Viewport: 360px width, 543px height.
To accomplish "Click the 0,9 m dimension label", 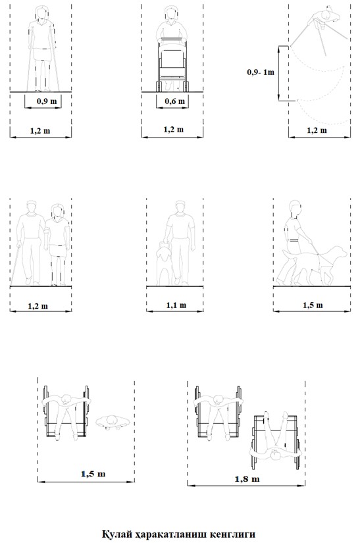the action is pos(47,101).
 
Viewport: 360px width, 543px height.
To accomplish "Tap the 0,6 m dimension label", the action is pos(175,101).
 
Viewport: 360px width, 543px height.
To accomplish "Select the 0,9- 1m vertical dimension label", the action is pos(261,72).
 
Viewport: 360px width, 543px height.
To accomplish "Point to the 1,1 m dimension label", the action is pos(176,305).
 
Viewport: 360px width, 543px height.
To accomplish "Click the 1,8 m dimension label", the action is pos(247,479).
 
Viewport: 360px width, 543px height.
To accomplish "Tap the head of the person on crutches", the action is pos(42,13).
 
